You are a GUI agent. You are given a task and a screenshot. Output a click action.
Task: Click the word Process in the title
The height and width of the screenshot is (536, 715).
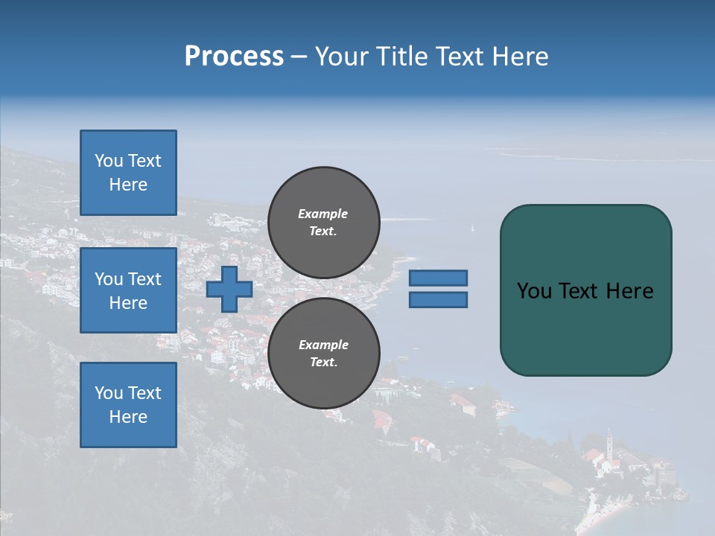click(x=234, y=57)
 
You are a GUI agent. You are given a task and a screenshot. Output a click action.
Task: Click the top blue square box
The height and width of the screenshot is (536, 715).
click(x=128, y=173)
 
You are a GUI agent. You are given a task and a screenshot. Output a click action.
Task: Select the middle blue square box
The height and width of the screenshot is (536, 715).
click(x=128, y=290)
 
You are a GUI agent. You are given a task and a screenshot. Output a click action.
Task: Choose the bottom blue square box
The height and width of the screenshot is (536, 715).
click(x=128, y=405)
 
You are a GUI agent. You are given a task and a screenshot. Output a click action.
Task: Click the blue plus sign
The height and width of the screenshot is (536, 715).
click(x=229, y=289)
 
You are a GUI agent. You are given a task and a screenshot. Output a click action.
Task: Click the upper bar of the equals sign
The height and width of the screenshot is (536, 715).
click(x=438, y=278)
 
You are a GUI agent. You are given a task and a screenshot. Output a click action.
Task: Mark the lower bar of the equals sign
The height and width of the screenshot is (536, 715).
click(x=438, y=300)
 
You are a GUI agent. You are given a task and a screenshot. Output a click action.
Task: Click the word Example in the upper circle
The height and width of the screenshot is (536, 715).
click(x=323, y=214)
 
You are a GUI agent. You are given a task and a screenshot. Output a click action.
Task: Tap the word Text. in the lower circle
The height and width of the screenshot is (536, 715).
click(x=323, y=363)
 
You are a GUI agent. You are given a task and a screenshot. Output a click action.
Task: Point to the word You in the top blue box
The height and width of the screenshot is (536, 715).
click(x=109, y=161)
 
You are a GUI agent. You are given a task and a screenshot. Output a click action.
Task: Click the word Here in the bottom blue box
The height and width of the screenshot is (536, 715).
click(x=128, y=417)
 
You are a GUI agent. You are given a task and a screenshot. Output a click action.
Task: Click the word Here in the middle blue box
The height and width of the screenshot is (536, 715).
click(x=128, y=303)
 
